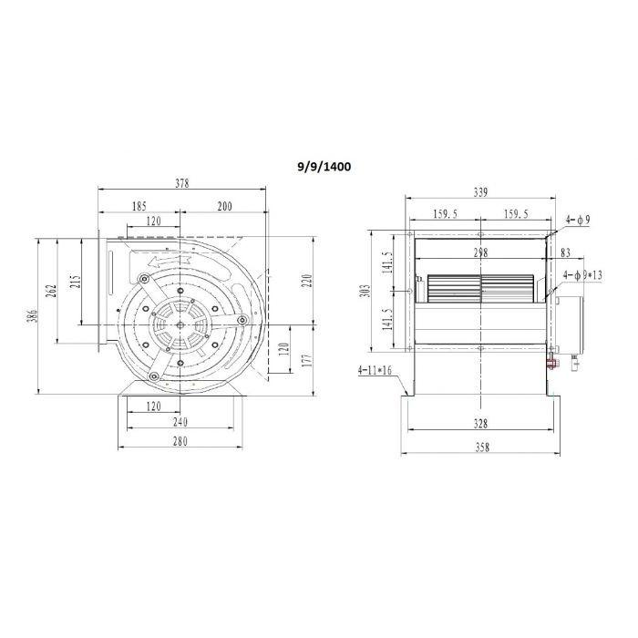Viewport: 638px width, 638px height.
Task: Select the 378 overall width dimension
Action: click(x=182, y=184)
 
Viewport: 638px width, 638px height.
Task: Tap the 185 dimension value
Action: click(x=139, y=207)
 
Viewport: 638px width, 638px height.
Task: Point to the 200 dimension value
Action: click(x=224, y=207)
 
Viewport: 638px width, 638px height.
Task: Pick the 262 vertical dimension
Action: click(x=54, y=289)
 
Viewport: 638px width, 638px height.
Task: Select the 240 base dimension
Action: click(x=180, y=422)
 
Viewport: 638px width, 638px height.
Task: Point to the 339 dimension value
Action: click(x=480, y=192)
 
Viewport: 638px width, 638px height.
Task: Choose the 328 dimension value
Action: click(x=480, y=424)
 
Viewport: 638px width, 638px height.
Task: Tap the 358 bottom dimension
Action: click(x=480, y=447)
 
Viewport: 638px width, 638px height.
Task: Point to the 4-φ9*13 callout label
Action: click(x=585, y=274)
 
